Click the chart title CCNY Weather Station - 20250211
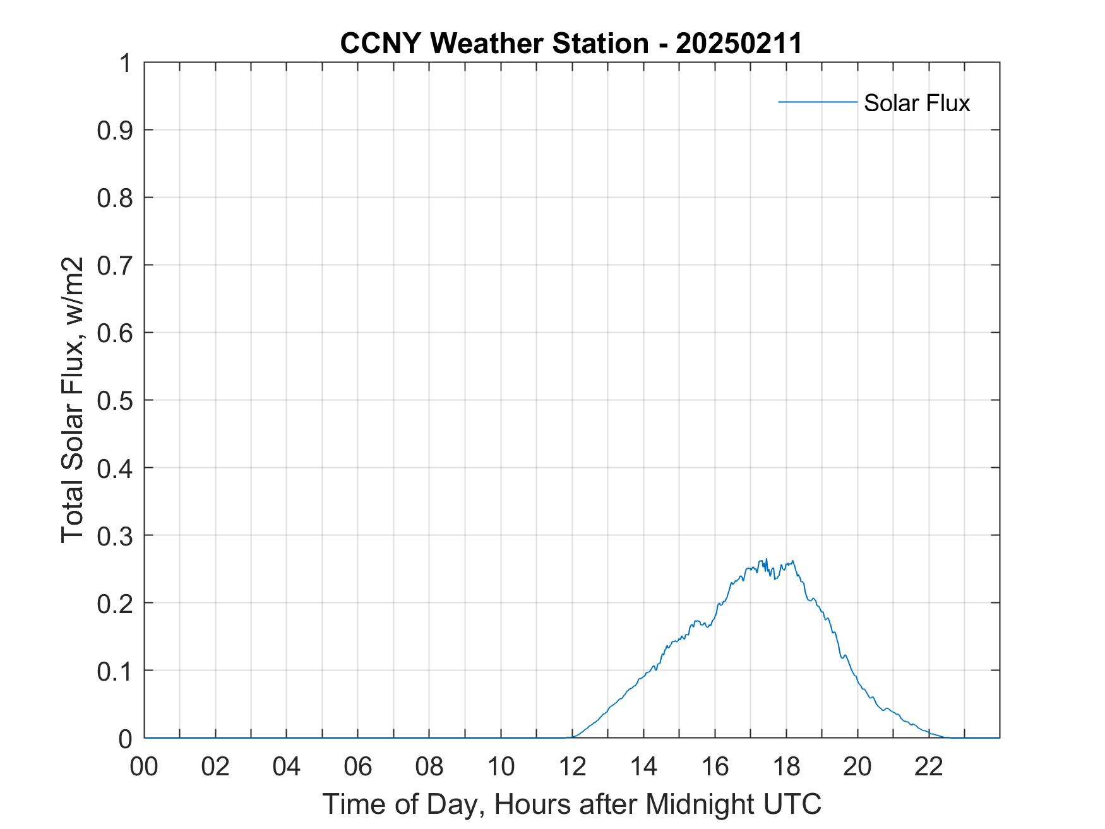pos(571,44)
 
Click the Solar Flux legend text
pos(916,103)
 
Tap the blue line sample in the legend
pos(817,102)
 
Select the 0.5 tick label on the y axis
pos(115,400)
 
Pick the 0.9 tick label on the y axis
pos(115,130)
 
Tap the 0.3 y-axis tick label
pos(115,535)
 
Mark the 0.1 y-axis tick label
pos(115,671)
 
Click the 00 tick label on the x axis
pos(144,766)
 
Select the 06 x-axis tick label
pos(358,766)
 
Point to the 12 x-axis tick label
pos(572,766)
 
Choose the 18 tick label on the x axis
pos(786,766)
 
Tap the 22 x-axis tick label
pos(929,766)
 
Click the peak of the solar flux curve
pos(766,559)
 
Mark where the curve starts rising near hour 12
pos(572,736)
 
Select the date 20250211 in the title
pos(739,44)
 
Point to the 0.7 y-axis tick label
pos(115,265)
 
